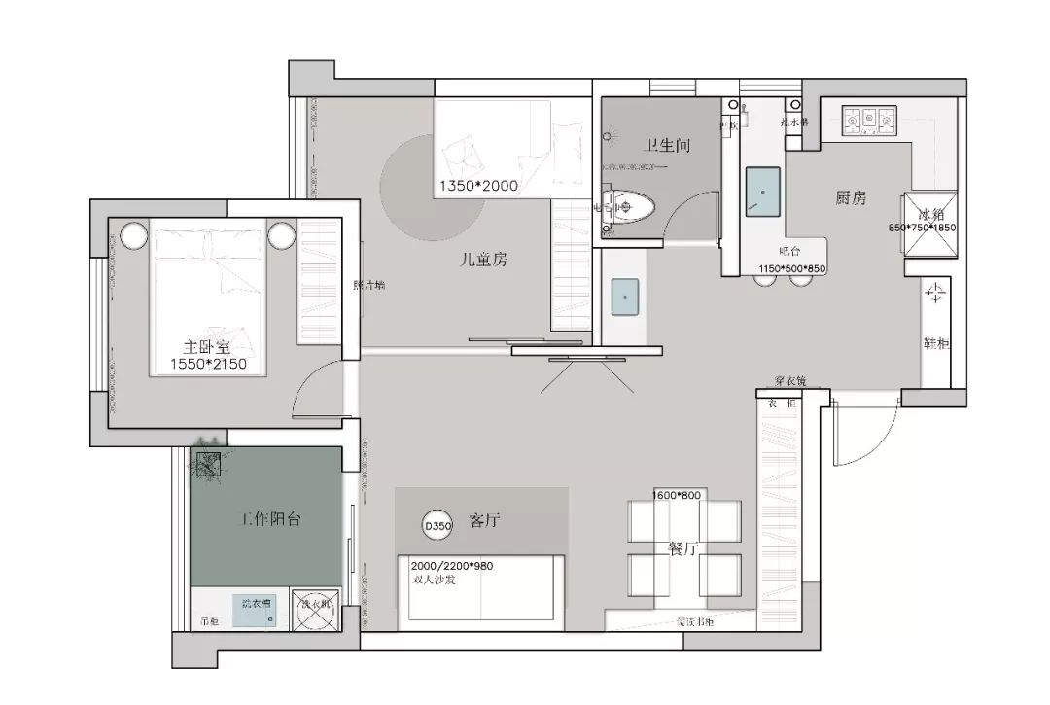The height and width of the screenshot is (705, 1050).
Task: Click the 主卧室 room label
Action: click(206, 346)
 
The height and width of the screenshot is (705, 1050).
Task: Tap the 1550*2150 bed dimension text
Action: click(208, 364)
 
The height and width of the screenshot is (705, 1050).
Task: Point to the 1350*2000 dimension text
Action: click(478, 185)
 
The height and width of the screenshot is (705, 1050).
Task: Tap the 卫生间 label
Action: click(666, 146)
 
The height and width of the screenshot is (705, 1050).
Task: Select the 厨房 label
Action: click(851, 198)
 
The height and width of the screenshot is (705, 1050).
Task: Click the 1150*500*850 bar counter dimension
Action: click(791, 268)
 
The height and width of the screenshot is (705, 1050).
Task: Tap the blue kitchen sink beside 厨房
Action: click(762, 192)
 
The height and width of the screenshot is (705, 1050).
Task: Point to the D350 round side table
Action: click(437, 525)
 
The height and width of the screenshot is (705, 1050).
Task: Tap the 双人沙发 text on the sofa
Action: click(434, 580)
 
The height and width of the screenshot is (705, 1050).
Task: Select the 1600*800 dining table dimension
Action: click(677, 495)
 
